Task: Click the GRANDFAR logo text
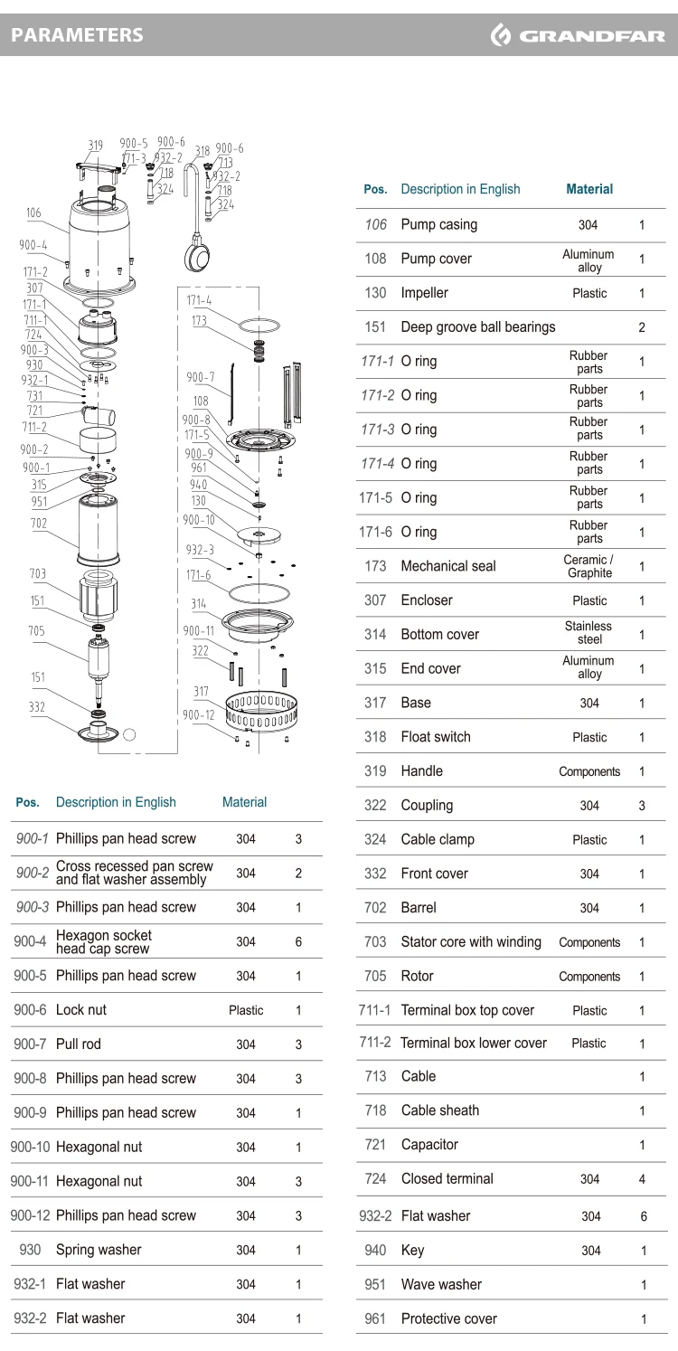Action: (x=592, y=36)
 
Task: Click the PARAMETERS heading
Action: (x=77, y=35)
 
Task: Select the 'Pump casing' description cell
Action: (x=439, y=225)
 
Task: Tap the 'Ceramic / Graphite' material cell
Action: (x=589, y=566)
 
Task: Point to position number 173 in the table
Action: (x=375, y=566)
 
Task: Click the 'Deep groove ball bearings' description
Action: (x=478, y=326)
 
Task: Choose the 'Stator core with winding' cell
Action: (x=471, y=942)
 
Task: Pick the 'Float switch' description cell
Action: (x=436, y=737)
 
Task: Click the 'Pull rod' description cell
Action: (x=79, y=1044)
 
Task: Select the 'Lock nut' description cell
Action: (x=80, y=1009)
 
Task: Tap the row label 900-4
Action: (x=30, y=941)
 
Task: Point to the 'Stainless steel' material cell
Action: (x=589, y=633)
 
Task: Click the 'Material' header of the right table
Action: (x=589, y=189)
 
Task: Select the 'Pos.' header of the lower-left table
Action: (x=27, y=803)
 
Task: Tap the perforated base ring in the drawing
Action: (x=261, y=712)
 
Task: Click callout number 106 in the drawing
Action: (x=33, y=213)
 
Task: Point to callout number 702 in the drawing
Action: (x=39, y=523)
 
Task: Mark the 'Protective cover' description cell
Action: (x=448, y=1319)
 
